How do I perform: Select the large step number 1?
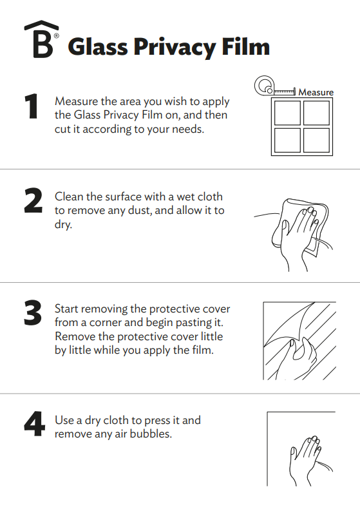[32, 107]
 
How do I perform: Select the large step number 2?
[33, 201]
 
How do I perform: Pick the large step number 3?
[33, 314]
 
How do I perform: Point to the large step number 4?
[34, 425]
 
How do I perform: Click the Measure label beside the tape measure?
[316, 92]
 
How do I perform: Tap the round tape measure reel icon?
[263, 85]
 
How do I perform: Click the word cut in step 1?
[63, 129]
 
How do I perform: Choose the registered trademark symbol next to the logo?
[56, 36]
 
